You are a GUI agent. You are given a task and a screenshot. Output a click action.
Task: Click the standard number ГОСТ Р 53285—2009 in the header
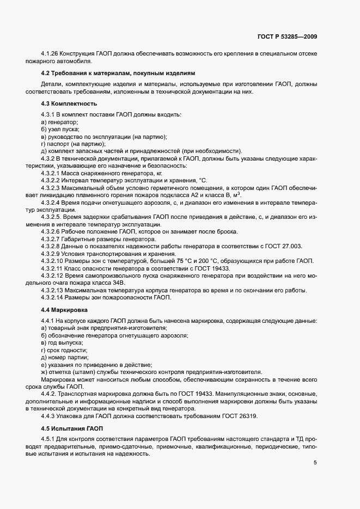tap(287, 37)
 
